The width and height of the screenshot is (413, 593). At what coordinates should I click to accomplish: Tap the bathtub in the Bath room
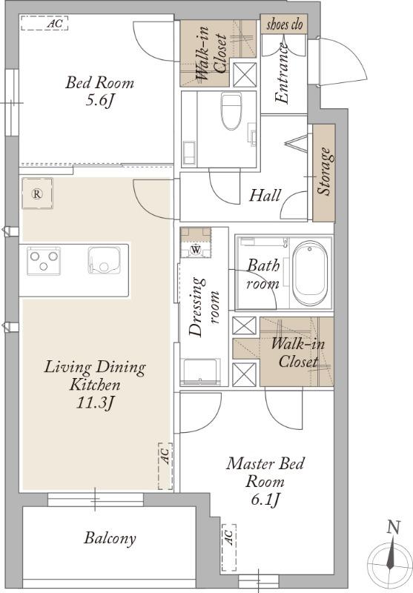(x=310, y=274)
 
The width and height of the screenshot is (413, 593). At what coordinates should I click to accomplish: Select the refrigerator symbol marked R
(x=37, y=193)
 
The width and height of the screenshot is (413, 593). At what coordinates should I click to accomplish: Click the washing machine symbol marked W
(x=196, y=249)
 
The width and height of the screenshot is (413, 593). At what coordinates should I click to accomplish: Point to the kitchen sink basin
(x=104, y=260)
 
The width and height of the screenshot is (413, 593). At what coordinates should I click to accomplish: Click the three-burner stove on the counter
(x=44, y=261)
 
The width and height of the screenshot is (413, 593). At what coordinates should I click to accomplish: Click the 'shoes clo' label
(x=285, y=25)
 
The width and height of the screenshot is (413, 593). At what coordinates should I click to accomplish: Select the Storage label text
(x=324, y=171)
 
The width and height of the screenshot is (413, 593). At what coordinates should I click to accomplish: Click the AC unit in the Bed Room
(x=44, y=23)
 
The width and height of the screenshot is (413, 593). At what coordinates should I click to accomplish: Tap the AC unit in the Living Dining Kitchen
(x=165, y=466)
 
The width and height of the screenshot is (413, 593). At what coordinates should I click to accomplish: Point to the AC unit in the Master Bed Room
(x=229, y=547)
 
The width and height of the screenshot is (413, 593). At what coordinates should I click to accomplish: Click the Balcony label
(x=110, y=538)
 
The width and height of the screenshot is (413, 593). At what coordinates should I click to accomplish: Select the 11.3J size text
(x=95, y=403)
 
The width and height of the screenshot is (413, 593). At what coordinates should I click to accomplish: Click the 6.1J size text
(x=265, y=500)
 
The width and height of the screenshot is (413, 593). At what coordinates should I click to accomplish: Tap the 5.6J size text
(x=100, y=101)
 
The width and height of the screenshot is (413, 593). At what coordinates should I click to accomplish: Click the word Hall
(x=265, y=196)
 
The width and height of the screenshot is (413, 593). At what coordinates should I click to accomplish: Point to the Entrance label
(x=283, y=73)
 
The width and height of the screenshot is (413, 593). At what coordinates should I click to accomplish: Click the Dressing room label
(x=204, y=307)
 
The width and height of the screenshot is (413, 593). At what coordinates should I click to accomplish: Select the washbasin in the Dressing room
(x=200, y=371)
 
